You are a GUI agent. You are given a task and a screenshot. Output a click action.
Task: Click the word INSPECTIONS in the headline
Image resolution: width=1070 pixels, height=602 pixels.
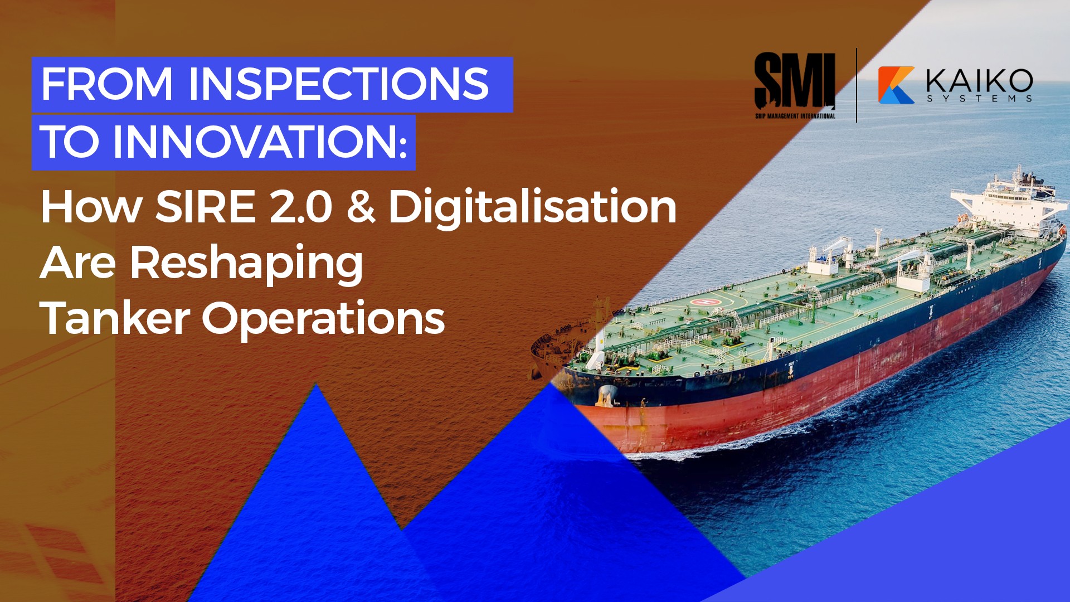pos(338,84)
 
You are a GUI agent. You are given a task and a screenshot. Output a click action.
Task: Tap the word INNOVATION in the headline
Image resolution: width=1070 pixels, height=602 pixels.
pos(255,142)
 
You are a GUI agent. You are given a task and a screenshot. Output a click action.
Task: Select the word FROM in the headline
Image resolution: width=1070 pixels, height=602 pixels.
pos(106,84)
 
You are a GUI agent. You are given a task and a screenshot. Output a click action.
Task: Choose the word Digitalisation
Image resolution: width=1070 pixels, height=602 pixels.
pos(532,208)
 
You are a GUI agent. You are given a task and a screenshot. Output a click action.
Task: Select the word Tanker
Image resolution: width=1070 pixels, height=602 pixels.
pos(115,318)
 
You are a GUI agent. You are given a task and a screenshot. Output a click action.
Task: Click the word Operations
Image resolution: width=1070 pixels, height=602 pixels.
pos(323,319)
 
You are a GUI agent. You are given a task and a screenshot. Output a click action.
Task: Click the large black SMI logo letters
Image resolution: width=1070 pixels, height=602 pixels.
pos(794,81)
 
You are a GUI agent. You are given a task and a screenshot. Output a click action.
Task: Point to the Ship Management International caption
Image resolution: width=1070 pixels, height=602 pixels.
pos(795,116)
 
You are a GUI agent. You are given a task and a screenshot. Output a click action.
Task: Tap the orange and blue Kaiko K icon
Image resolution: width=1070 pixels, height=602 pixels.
pos(896,85)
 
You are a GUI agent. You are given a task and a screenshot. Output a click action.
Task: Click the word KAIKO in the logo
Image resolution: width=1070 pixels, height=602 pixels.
pos(979,81)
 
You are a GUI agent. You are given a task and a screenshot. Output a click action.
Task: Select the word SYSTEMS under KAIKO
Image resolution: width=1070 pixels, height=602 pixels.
pos(979,99)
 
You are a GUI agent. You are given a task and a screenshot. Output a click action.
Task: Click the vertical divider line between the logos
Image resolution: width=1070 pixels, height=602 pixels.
pos(857,85)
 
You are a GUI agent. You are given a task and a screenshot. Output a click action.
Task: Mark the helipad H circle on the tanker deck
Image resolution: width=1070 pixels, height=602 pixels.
pos(704,302)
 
